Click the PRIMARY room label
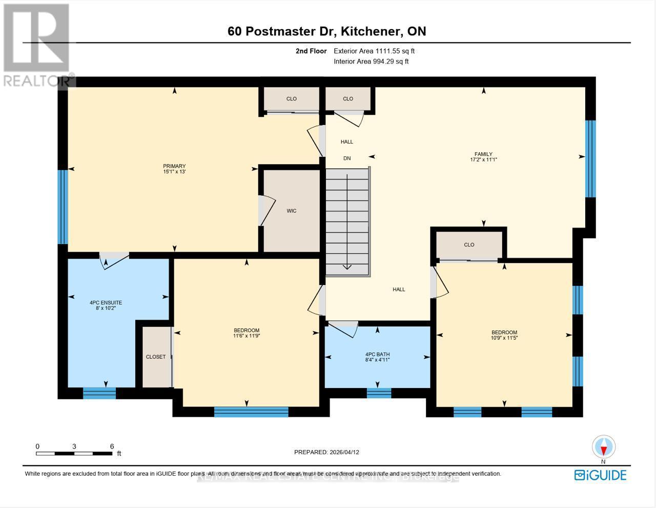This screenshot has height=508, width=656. (x=174, y=166)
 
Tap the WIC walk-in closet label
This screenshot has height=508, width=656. (x=292, y=211)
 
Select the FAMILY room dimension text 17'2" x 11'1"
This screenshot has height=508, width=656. (x=483, y=160)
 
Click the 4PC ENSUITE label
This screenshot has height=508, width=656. (x=106, y=302)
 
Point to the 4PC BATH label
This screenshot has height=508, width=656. (x=378, y=354)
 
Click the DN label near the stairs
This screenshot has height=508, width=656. (x=347, y=158)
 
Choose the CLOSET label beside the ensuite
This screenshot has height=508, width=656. (x=156, y=357)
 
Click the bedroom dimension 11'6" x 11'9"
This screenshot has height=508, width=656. (x=247, y=336)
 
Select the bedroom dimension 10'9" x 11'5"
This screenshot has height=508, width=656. (x=504, y=338)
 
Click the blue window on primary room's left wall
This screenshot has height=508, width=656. (x=62, y=207)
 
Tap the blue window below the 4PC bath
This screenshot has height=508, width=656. (x=379, y=393)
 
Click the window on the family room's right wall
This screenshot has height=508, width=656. (x=590, y=158)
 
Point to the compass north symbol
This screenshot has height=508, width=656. (x=604, y=447)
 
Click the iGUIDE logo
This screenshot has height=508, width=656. (x=601, y=475)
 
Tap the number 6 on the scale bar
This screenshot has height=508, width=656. (x=112, y=446)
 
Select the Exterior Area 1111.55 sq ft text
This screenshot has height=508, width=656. (x=374, y=51)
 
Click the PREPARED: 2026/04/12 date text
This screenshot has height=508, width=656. (x=326, y=452)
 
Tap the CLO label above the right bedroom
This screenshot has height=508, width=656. (x=469, y=245)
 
